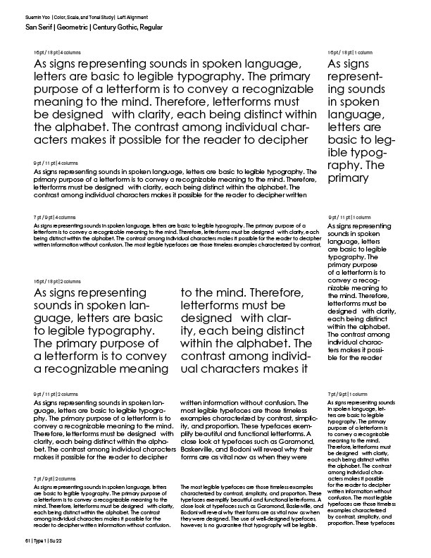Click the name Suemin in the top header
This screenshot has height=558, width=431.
click(32, 15)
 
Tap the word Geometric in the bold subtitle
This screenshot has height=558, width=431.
click(71, 26)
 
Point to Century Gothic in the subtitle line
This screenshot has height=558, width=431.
click(120, 26)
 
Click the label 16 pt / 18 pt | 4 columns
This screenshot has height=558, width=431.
click(58, 54)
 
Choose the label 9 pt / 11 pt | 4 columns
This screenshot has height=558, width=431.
click(56, 163)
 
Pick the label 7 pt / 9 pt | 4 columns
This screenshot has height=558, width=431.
click(55, 218)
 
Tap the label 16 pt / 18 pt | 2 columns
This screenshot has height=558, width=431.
click(58, 281)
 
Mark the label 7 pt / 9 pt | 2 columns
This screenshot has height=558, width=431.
click(55, 478)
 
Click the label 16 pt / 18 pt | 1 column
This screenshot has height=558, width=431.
click(350, 54)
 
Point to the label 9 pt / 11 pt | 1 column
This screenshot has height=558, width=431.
click(349, 218)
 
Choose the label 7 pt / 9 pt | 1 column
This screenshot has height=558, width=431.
click(347, 393)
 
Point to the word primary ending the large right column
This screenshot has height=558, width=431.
click(349, 178)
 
